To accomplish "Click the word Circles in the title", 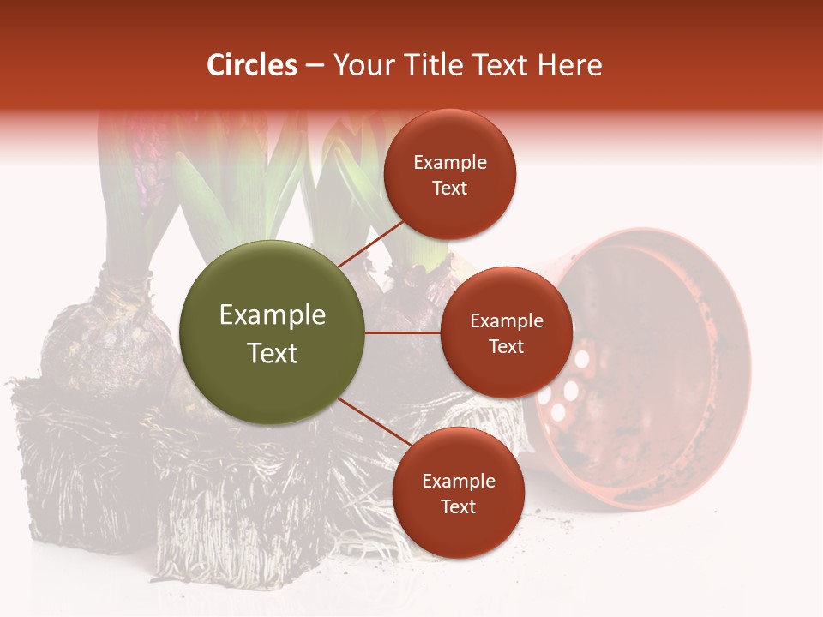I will [251, 65].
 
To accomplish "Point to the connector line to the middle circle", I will [403, 332].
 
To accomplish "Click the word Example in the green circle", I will [273, 315].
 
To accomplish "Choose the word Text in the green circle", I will [273, 353].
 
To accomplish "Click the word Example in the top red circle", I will [450, 163].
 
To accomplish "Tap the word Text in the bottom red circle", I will [458, 507].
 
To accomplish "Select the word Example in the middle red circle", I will [507, 321].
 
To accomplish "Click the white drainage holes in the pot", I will [566, 386].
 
